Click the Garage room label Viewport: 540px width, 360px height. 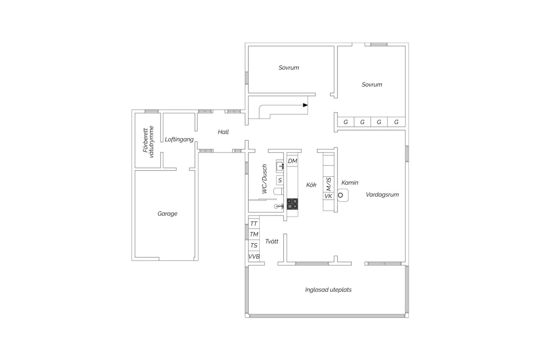(x=167, y=214)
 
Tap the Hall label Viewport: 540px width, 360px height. (x=223, y=132)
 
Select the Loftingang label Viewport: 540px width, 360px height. (x=179, y=139)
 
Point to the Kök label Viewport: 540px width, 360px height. (x=311, y=184)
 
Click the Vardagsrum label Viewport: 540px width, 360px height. (x=382, y=194)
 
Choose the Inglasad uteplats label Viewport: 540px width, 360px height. (x=328, y=290)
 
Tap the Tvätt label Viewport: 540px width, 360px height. (x=272, y=241)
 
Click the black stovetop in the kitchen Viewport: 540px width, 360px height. (x=292, y=204)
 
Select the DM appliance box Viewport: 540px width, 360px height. (x=292, y=161)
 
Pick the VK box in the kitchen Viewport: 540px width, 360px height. (x=328, y=196)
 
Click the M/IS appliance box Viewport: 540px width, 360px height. (x=328, y=184)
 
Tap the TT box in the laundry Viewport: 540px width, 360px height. (x=254, y=224)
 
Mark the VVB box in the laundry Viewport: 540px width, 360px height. (x=254, y=256)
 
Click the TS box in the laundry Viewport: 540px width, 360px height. (x=254, y=245)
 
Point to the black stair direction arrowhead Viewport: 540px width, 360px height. (x=306, y=105)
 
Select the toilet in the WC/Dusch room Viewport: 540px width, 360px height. (x=279, y=191)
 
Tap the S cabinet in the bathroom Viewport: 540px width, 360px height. (x=280, y=180)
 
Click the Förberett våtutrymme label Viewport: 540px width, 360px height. (x=148, y=142)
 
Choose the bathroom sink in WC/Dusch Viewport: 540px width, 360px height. (x=280, y=166)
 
